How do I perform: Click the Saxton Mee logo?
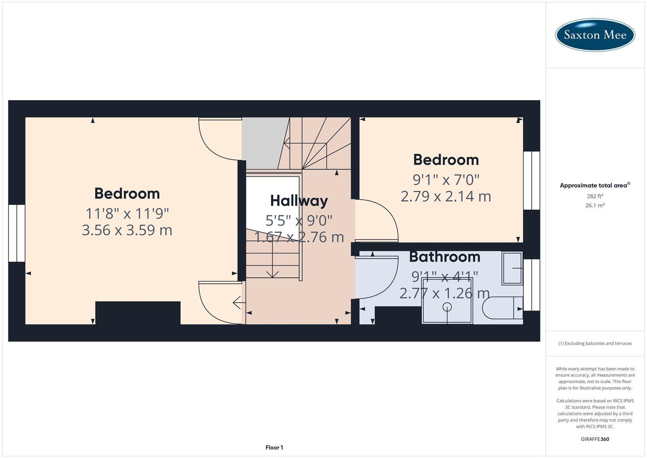pos(595,35)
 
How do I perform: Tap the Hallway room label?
pos(299,201)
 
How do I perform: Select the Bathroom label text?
pos(444,257)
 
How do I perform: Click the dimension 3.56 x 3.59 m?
pos(127,230)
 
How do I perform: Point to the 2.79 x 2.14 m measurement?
pos(446,196)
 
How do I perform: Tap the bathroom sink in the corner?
pos(512,268)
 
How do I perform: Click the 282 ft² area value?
pos(594,196)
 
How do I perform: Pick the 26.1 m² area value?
pos(594,205)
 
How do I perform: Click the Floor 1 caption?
pos(274,447)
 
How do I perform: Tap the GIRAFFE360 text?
pos(594,439)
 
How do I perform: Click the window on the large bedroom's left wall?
pos(17,233)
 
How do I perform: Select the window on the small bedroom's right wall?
pos(531,181)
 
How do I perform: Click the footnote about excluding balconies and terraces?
pos(594,343)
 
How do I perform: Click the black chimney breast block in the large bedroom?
pos(138,313)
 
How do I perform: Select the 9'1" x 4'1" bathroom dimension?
pos(444,276)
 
